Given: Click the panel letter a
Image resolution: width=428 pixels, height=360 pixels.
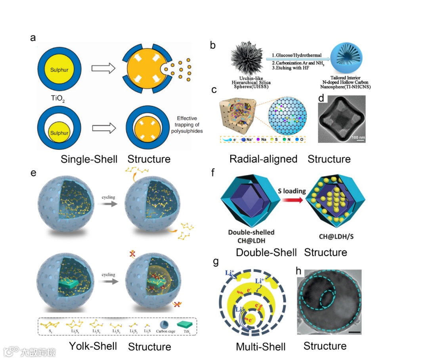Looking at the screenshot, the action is [33, 38].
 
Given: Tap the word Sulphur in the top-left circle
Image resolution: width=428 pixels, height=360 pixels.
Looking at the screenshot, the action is [59, 70].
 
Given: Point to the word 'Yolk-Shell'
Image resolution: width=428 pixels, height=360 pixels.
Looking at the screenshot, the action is [93, 346].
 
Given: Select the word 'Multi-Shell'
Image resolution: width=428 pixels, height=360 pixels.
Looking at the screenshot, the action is [261, 347].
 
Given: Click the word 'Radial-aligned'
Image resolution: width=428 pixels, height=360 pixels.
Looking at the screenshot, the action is [264, 159].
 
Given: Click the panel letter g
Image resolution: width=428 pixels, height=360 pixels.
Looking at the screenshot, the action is [216, 261].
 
